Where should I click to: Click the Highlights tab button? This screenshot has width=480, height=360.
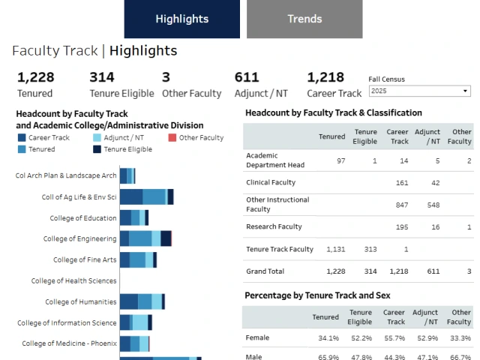click(x=182, y=19)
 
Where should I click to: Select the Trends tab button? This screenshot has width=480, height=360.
click(x=304, y=19)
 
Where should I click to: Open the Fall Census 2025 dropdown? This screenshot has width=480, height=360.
click(x=418, y=91)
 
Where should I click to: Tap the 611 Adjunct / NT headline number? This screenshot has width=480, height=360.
click(x=247, y=76)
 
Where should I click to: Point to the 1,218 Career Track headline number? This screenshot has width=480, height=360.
click(x=325, y=76)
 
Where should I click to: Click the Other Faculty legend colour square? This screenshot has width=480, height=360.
click(x=172, y=138)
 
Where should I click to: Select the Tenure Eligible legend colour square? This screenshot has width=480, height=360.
click(x=97, y=149)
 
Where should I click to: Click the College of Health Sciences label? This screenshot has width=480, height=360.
click(x=73, y=280)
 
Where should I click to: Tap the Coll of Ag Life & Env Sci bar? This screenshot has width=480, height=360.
click(x=146, y=196)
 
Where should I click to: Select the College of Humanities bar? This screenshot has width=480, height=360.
click(x=142, y=301)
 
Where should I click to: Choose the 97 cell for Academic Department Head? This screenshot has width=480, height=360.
click(x=340, y=160)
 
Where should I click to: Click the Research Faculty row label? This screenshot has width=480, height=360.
click(x=274, y=226)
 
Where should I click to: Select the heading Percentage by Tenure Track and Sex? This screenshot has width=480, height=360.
click(x=317, y=295)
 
